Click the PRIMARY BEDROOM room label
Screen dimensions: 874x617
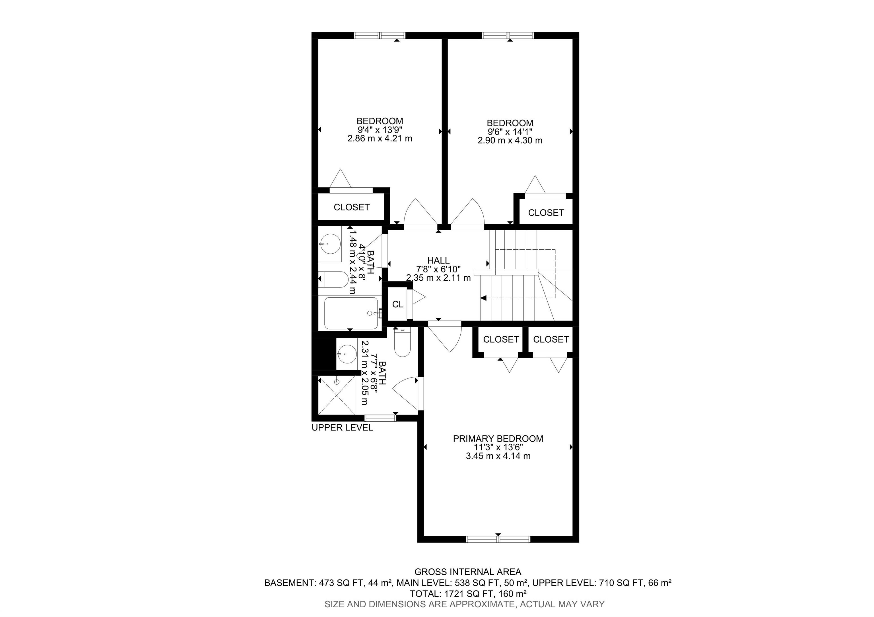pyautogui.click(x=498, y=439)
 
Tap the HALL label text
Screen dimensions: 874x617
pyautogui.click(x=438, y=260)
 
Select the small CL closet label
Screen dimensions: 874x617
pyautogui.click(x=398, y=304)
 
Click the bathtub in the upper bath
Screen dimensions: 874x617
pyautogui.click(x=351, y=313)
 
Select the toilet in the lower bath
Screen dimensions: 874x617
pyautogui.click(x=402, y=342)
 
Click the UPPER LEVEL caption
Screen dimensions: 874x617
pyautogui.click(x=342, y=428)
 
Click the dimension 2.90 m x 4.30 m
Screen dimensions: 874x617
pyautogui.click(x=510, y=140)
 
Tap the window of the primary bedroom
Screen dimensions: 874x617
pyautogui.click(x=498, y=539)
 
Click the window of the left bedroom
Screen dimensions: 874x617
pyautogui.click(x=380, y=35)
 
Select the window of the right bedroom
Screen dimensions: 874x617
pyautogui.click(x=508, y=35)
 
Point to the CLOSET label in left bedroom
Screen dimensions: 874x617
pyautogui.click(x=352, y=207)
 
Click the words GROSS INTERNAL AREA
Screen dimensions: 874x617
pyautogui.click(x=468, y=572)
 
